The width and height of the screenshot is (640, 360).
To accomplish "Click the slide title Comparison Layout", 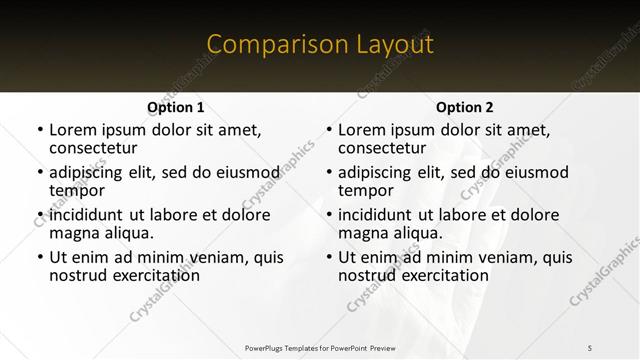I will click(x=320, y=44).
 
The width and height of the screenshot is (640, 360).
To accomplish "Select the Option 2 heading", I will click(x=464, y=107).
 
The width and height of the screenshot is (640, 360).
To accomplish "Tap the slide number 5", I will click(x=590, y=347).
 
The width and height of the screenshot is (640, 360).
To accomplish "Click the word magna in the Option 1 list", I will click(x=73, y=233).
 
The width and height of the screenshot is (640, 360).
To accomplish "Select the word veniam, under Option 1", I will click(x=210, y=257).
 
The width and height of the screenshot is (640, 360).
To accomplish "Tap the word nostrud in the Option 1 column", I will click(x=78, y=275).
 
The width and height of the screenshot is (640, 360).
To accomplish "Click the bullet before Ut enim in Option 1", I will click(x=39, y=257).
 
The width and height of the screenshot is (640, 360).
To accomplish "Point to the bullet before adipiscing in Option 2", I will click(x=328, y=172).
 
